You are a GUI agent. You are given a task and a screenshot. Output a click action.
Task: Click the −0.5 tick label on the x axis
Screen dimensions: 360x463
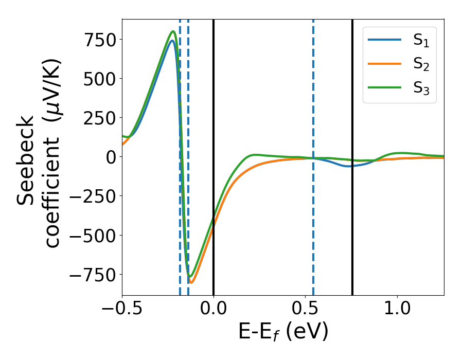(x=122, y=311)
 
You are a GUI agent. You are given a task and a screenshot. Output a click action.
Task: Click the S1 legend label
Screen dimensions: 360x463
(x=421, y=41)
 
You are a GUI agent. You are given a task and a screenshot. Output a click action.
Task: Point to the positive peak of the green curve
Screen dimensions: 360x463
(x=173, y=31)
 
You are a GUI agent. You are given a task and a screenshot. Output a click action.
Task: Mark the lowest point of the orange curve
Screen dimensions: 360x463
(x=191, y=282)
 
